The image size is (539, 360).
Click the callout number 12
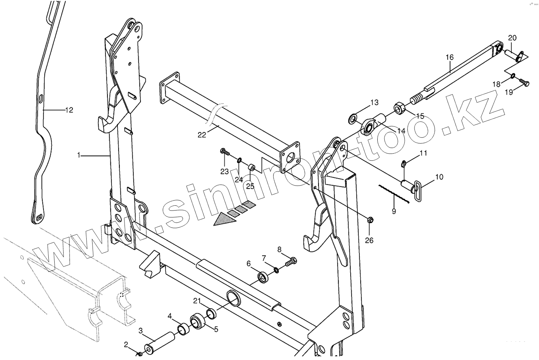tap(69, 110)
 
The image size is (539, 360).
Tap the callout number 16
tap(450, 57)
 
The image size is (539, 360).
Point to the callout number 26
tap(369, 240)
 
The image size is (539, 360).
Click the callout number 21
tap(197, 300)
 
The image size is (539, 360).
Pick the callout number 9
tap(394, 212)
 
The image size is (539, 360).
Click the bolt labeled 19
tap(525, 83)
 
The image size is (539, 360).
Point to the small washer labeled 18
tap(513, 76)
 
